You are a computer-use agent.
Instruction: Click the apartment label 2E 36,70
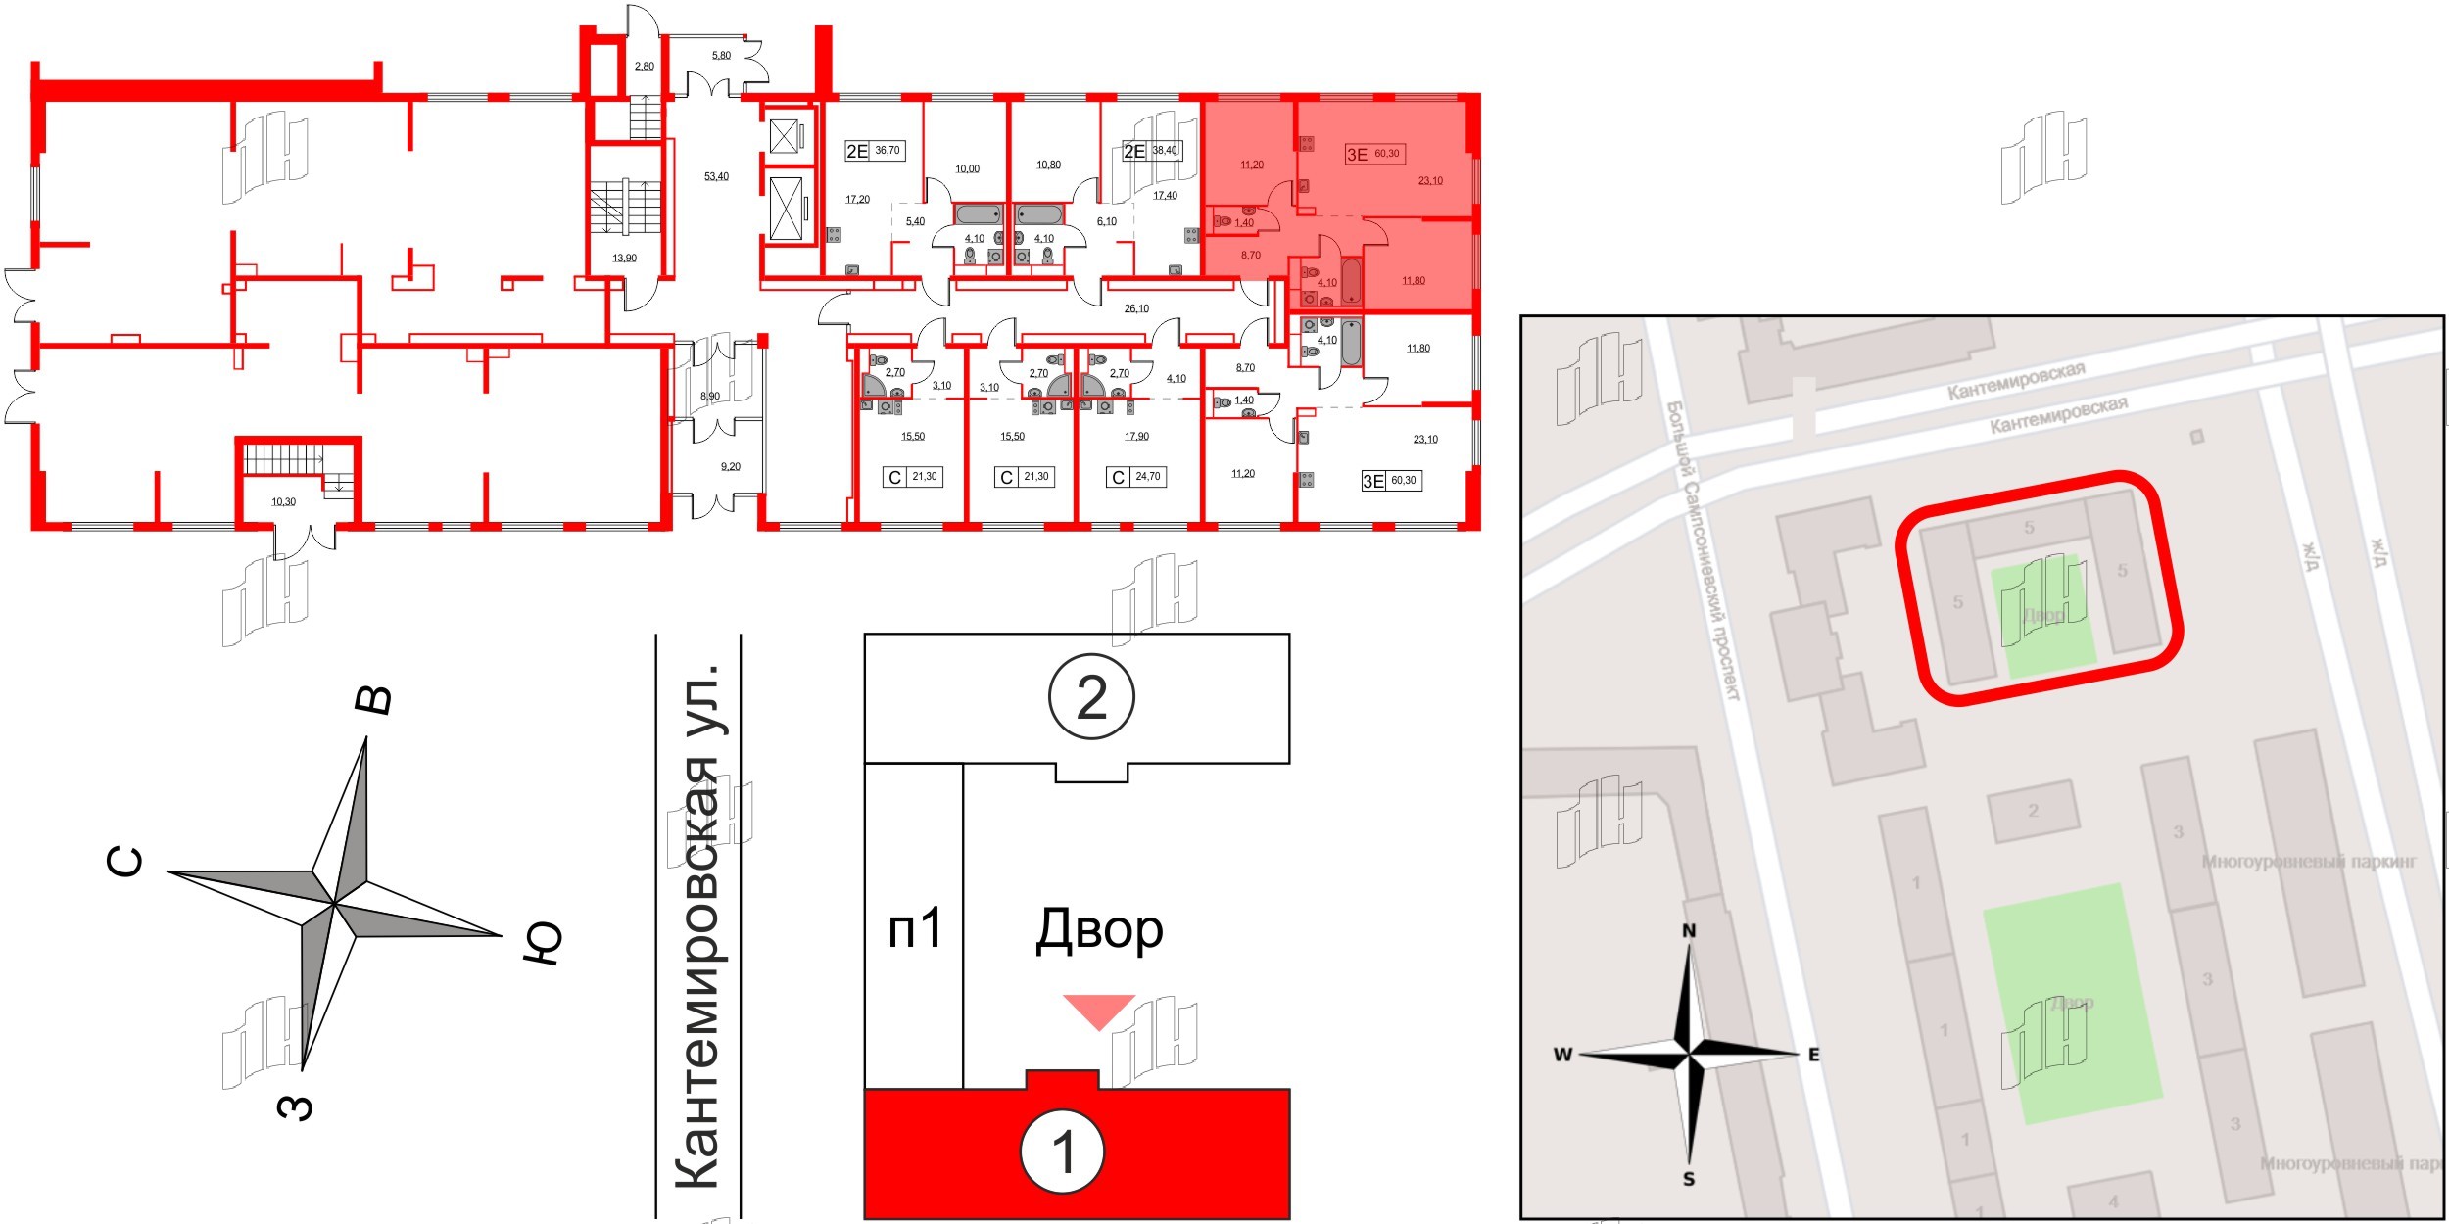tap(874, 151)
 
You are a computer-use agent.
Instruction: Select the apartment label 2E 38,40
tap(1151, 151)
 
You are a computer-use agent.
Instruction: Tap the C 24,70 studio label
tap(1135, 477)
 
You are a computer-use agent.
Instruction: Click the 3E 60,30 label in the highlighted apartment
tap(1375, 154)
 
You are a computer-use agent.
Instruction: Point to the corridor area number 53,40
tap(716, 177)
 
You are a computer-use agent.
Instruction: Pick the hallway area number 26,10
tap(1136, 309)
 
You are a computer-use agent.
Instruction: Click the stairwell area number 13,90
tap(624, 259)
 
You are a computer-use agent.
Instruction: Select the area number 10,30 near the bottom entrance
tap(283, 502)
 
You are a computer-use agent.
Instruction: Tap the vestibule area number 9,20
tap(731, 467)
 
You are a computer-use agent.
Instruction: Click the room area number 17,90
tap(1136, 437)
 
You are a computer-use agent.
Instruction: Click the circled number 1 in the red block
tap(1063, 1153)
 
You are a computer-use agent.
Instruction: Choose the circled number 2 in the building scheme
tap(1091, 697)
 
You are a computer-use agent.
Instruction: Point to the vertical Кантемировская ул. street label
tap(698, 925)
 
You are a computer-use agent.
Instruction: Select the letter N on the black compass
tap(1689, 931)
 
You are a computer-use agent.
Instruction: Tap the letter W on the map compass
tap(1562, 1055)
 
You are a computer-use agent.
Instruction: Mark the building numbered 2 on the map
tap(2033, 811)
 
